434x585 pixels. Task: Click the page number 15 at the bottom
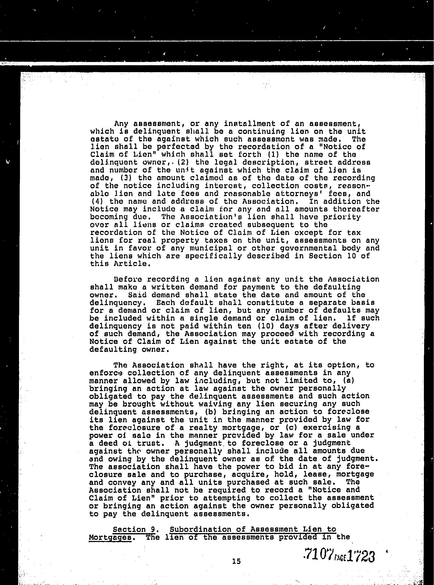[236, 561]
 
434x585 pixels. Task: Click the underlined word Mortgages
[110, 537]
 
